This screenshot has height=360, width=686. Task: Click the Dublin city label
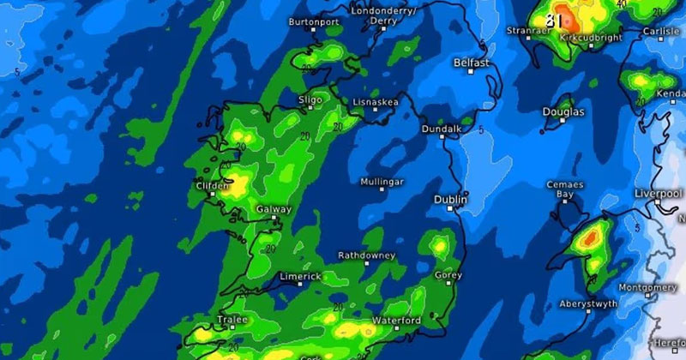pyautogui.click(x=450, y=200)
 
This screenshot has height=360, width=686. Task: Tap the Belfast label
pyautogui.click(x=472, y=63)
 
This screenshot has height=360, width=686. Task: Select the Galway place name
pyautogui.click(x=274, y=209)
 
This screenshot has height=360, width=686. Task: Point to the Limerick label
pyautogui.click(x=300, y=277)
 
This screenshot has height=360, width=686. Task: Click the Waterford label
pyautogui.click(x=395, y=321)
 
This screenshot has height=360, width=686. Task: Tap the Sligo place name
pyautogui.click(x=310, y=100)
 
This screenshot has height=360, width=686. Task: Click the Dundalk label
pyautogui.click(x=442, y=129)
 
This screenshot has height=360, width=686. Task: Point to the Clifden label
pyautogui.click(x=212, y=186)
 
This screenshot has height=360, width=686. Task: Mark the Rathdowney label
pyautogui.click(x=366, y=255)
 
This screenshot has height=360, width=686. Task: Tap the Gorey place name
pyautogui.click(x=448, y=276)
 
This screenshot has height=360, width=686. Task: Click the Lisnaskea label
pyautogui.click(x=376, y=102)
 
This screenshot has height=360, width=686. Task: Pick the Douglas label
pyautogui.click(x=563, y=112)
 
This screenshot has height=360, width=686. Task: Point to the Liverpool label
pyautogui.click(x=657, y=195)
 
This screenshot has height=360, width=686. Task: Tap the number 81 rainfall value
pyautogui.click(x=556, y=19)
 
